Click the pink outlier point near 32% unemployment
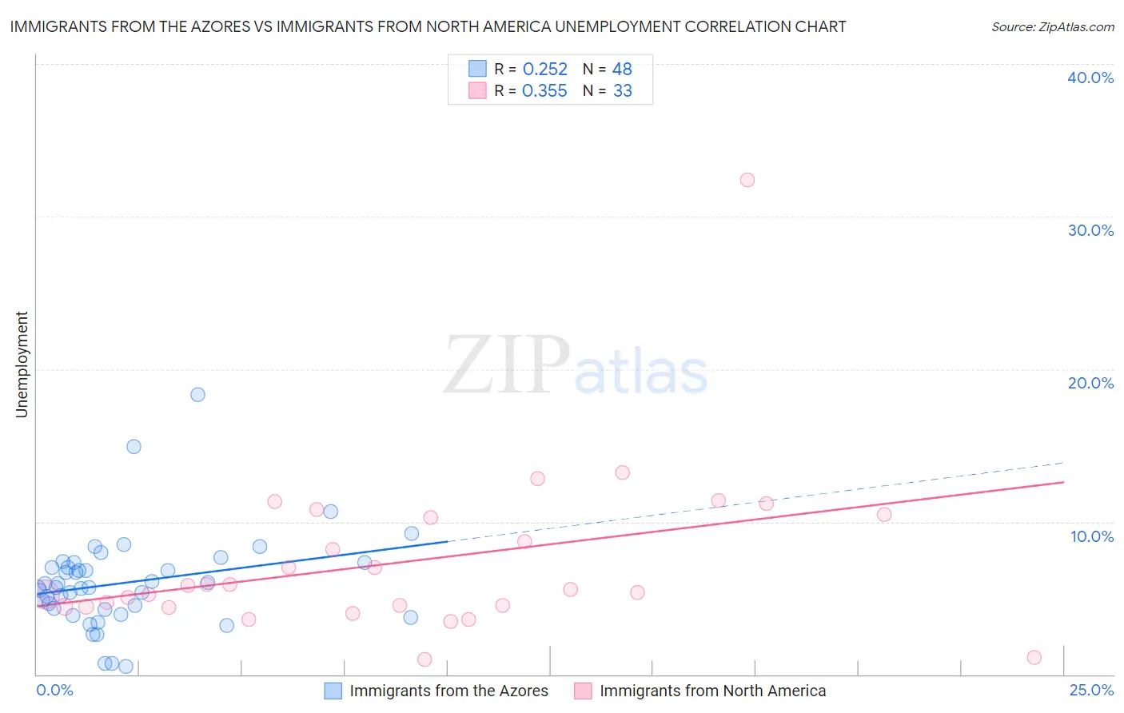click(x=747, y=180)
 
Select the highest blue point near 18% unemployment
click(x=197, y=394)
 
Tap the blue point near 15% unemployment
click(x=134, y=447)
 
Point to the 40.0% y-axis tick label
click(x=1090, y=78)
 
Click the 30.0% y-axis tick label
click(x=1090, y=230)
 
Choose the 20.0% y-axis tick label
click(x=1090, y=383)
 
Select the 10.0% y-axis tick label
click(x=1092, y=536)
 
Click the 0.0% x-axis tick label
click(x=54, y=690)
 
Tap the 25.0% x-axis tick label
click(x=1091, y=690)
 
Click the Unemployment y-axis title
click(x=22, y=364)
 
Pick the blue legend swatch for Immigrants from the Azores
click(x=333, y=691)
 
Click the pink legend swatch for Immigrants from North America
click(x=583, y=691)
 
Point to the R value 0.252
click(x=544, y=70)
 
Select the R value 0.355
click(x=544, y=91)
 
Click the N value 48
click(x=622, y=70)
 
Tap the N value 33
click(x=622, y=91)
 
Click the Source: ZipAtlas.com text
click(x=1052, y=27)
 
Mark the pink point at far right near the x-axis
click(x=1034, y=657)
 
